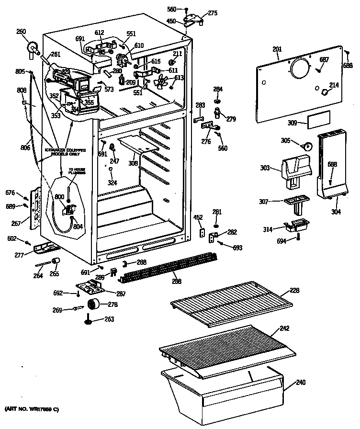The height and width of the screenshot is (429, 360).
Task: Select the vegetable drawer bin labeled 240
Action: click(225, 393)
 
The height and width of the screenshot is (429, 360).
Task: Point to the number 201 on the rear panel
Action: click(277, 49)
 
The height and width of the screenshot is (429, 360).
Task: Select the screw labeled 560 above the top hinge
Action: click(187, 9)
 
